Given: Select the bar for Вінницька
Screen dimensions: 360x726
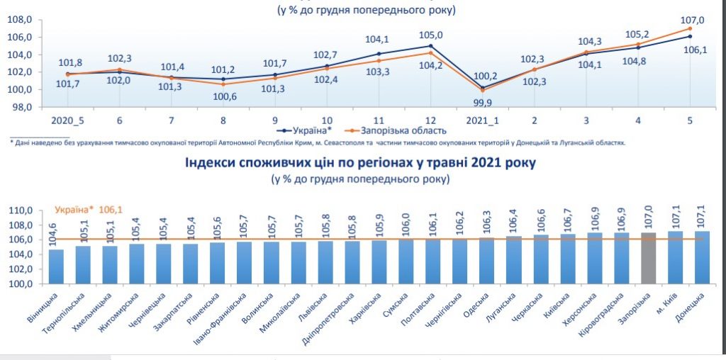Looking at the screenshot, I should (56, 266).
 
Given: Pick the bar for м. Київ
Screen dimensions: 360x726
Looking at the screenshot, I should (676, 257).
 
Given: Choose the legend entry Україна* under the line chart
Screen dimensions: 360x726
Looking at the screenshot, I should (309, 131).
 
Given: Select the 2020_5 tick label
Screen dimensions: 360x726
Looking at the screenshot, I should (67, 121).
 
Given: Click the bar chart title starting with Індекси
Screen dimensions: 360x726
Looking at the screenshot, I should (360, 163).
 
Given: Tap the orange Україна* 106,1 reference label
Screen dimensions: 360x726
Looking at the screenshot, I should (88, 210).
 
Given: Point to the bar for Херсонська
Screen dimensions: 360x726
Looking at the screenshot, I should (595, 258).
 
